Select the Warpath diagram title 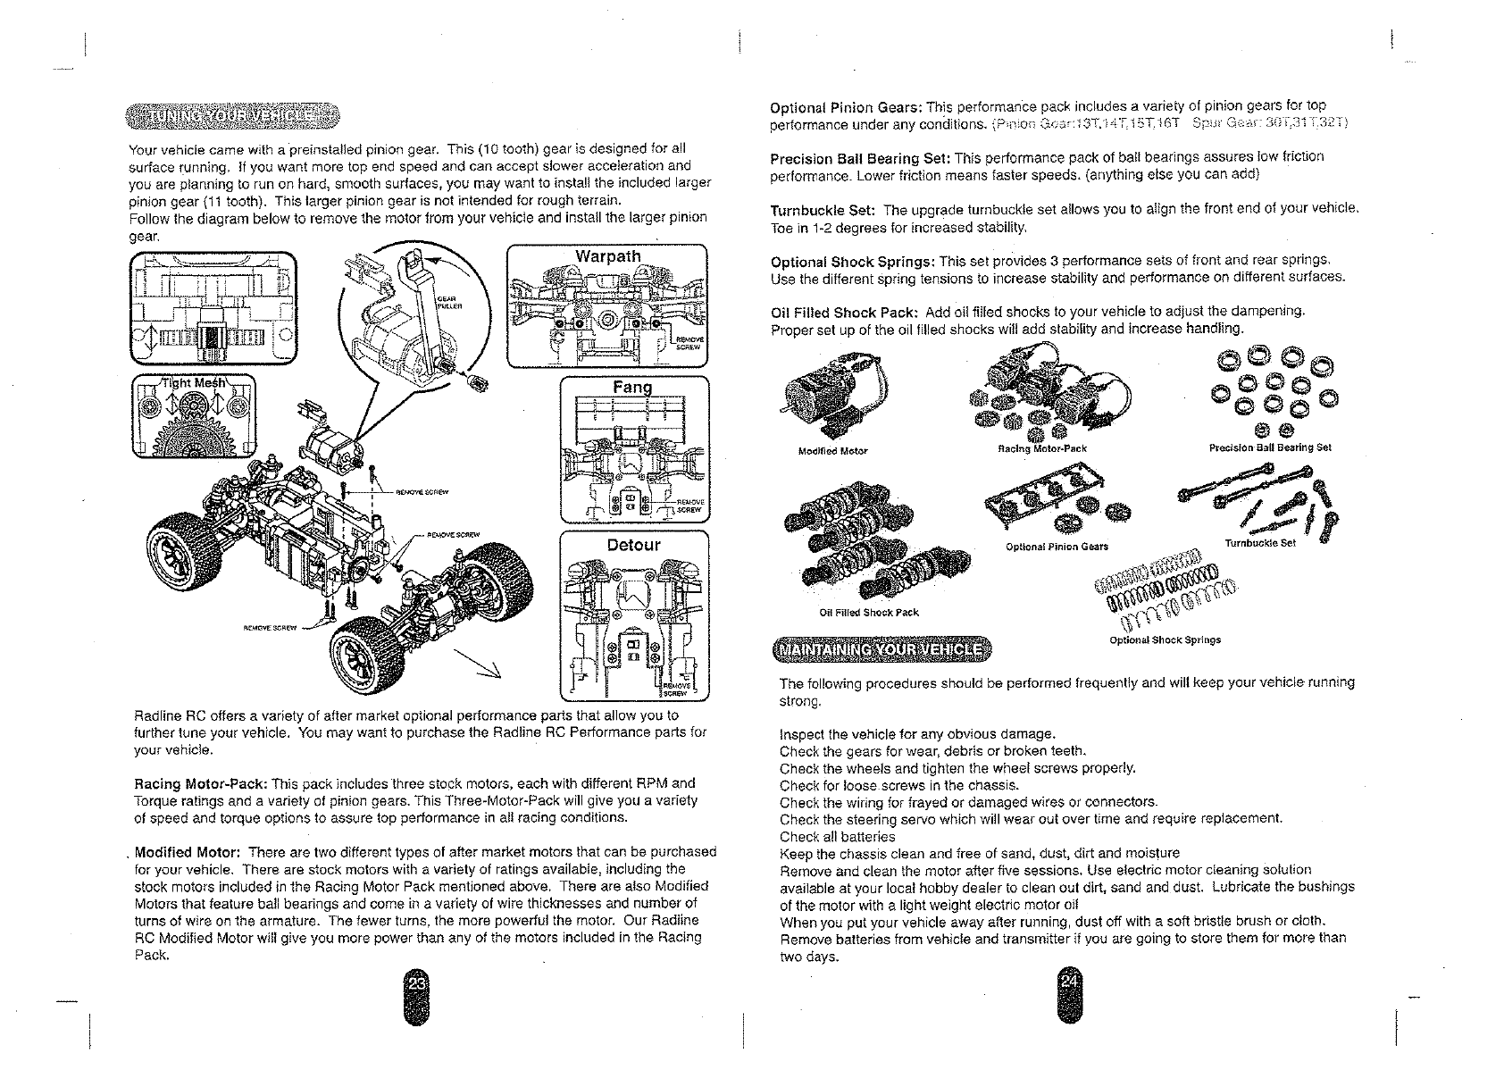click(x=607, y=256)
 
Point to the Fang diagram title click(x=632, y=388)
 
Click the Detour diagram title click(x=633, y=544)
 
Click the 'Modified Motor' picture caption click(x=832, y=451)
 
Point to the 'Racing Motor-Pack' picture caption click(x=1041, y=449)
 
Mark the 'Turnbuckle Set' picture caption click(x=1260, y=542)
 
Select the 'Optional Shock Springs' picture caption click(x=1165, y=639)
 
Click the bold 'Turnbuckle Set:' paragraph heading click(x=822, y=210)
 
